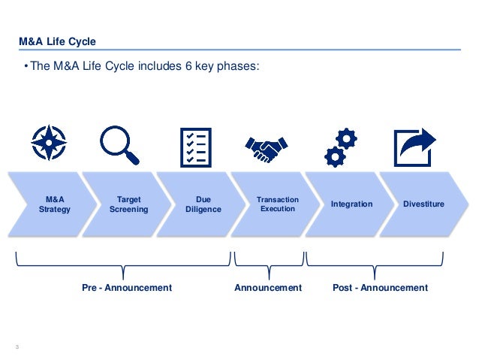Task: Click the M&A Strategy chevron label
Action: coord(54,204)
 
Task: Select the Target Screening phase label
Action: coord(128,204)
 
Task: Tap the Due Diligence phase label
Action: coord(203,204)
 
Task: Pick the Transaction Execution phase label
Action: coord(277,204)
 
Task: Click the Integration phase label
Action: coord(351,204)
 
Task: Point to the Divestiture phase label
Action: coord(423,204)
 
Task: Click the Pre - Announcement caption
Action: coord(127,288)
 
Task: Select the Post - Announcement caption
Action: coord(380,288)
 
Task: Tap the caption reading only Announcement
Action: coord(268,288)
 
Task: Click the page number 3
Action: coord(17,346)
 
